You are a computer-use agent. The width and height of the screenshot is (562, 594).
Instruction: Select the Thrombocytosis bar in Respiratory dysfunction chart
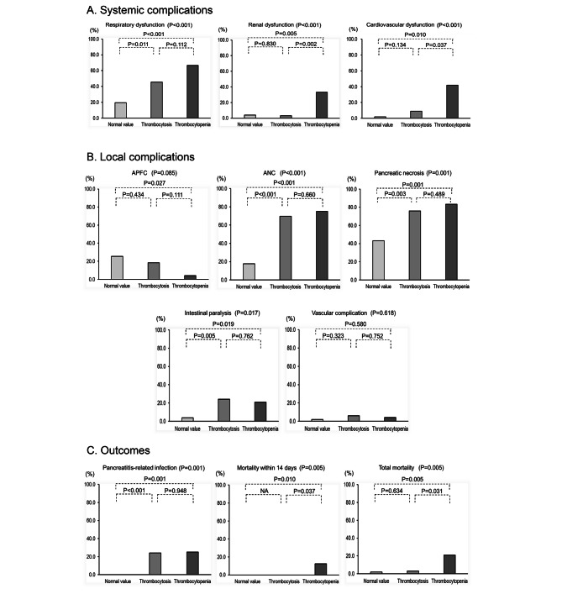click(156, 100)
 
